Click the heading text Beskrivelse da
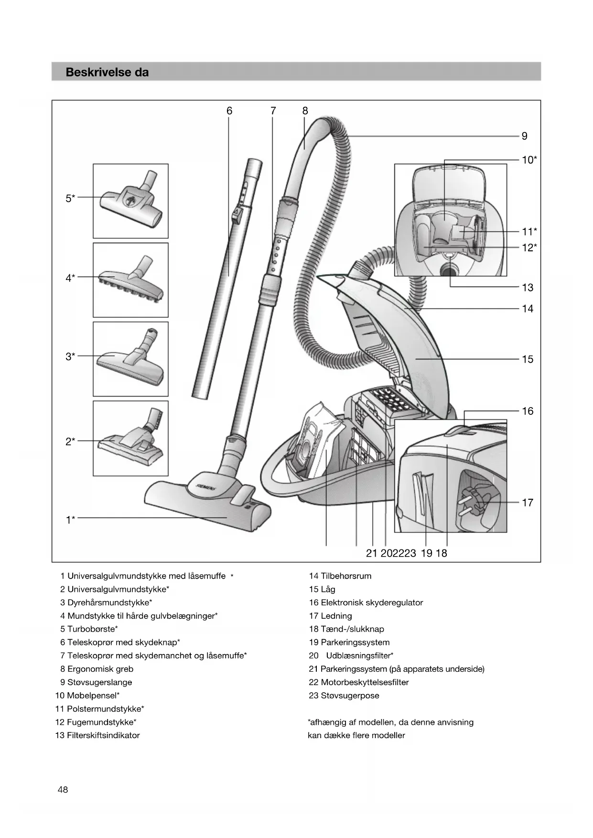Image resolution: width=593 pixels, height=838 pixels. pyautogui.click(x=107, y=72)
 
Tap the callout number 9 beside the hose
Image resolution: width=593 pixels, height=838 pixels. pyautogui.click(x=524, y=136)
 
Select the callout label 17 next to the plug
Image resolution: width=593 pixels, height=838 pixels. pyautogui.click(x=527, y=503)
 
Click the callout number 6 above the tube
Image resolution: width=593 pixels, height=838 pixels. pyautogui.click(x=229, y=111)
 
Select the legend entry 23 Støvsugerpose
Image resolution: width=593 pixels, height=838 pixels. pyautogui.click(x=344, y=696)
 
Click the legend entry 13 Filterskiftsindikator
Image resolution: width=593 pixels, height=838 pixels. pyautogui.click(x=97, y=735)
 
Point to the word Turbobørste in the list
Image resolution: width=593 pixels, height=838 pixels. pyautogui.click(x=91, y=629)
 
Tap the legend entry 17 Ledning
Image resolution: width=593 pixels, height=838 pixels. pyautogui.click(x=330, y=616)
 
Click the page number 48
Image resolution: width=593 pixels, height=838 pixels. pyautogui.click(x=63, y=790)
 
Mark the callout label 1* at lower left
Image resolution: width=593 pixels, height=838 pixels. pyautogui.click(x=70, y=519)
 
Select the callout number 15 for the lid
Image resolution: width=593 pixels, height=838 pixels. pyautogui.click(x=527, y=359)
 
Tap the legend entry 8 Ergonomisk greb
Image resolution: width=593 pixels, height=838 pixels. pyautogui.click(x=97, y=669)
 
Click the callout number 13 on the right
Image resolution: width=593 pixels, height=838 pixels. pyautogui.click(x=527, y=288)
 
